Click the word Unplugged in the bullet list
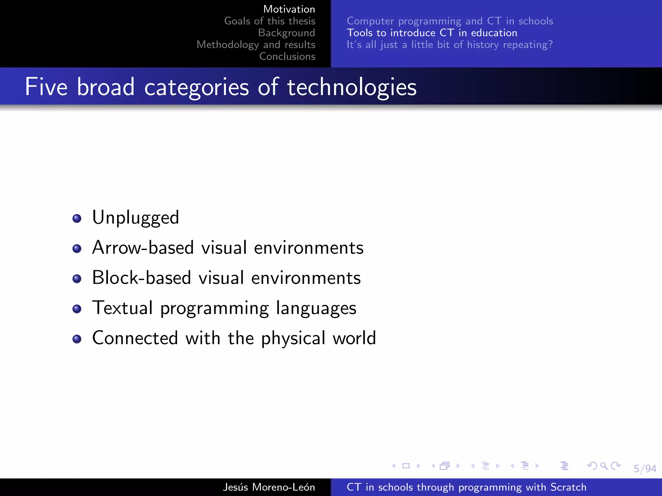point(135,218)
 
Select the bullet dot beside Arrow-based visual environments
point(77,249)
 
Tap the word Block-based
point(141,278)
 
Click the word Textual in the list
point(122,308)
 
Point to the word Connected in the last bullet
point(135,338)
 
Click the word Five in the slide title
point(46,87)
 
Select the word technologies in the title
point(352,87)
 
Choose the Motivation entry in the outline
point(289,9)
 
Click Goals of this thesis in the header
point(270,21)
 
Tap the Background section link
point(286,33)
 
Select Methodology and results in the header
point(256,45)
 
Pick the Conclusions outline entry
point(287,56)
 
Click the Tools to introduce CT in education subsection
point(432,33)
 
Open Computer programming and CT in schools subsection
point(450,21)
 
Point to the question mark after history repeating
point(550,45)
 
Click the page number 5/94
point(645,468)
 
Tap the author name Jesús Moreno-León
point(269,487)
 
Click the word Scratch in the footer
point(568,487)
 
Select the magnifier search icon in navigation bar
point(603,466)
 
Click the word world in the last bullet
point(354,338)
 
